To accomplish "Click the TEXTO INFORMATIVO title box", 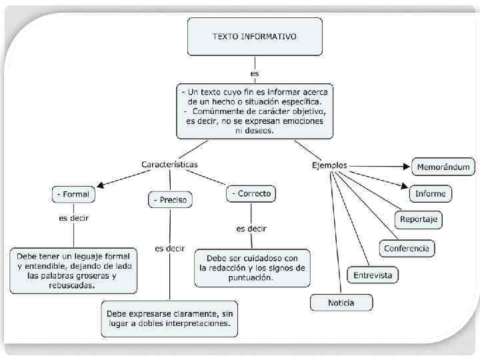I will point(255,37).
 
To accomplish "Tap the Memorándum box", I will point(444,167).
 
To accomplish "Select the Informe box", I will point(430,194).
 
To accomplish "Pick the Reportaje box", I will point(418,219).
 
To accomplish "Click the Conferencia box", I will point(407,249).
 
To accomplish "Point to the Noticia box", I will point(341,303).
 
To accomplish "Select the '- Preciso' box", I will point(170,199).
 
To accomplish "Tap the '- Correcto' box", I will point(251,194).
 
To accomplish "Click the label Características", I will point(169,164).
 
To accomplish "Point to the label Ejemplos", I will point(329,165).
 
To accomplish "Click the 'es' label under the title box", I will point(255,73).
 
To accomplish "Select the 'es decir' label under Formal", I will point(73,217).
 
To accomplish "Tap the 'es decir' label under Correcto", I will point(251,228).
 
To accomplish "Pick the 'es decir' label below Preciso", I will point(170,248).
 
